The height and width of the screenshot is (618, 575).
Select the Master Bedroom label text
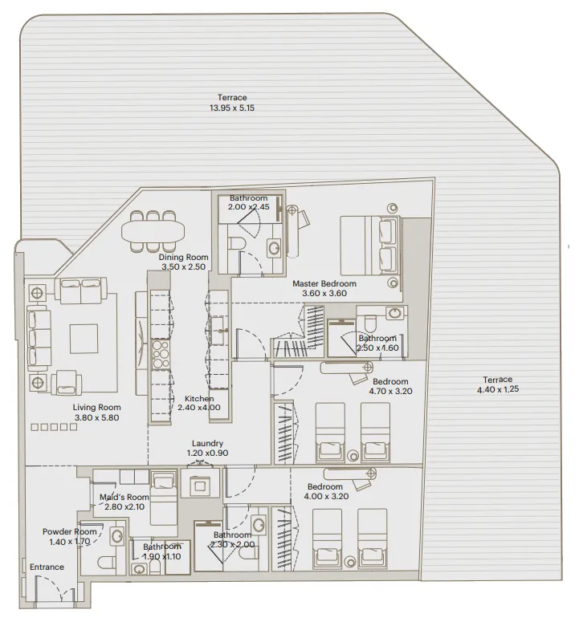pos(324,283)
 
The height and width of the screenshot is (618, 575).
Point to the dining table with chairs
pos(153,230)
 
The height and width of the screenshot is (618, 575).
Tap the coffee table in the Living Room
pos(84,338)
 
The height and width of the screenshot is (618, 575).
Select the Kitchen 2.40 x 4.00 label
pos(199,404)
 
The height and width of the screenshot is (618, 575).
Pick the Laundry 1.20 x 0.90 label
pos(207,448)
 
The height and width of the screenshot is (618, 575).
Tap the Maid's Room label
pos(124,502)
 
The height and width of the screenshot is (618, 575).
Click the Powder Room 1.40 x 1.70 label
pos(70,536)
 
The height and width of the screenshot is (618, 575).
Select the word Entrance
pos(47,567)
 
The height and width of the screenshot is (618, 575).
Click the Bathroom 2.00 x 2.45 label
pos(248,202)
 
